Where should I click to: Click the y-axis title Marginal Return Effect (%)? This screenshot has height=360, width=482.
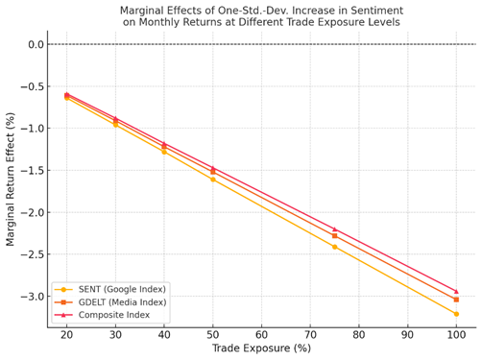[12, 178]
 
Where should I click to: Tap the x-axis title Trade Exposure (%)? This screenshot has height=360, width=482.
[260, 348]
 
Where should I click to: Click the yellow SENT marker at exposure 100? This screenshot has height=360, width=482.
[456, 314]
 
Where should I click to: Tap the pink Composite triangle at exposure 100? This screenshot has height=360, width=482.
[456, 291]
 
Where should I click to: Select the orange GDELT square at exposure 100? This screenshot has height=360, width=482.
[456, 300]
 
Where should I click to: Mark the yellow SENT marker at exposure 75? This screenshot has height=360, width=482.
[334, 247]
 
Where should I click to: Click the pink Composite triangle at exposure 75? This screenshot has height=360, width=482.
[334, 229]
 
